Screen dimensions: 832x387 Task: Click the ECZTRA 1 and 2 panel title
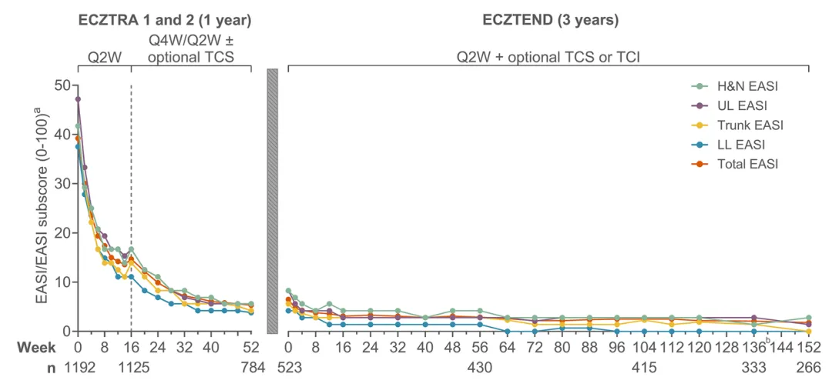point(164,22)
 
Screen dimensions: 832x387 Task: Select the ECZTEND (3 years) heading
point(550,22)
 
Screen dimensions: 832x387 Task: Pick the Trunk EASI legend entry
point(736,125)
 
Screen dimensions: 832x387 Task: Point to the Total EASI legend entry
point(733,165)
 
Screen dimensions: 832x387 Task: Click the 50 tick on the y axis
point(64,85)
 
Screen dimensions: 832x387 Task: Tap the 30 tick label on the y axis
point(64,183)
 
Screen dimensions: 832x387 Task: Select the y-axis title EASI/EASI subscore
point(43,207)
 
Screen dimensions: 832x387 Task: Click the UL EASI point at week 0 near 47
point(78,98)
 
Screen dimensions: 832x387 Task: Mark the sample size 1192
point(78,367)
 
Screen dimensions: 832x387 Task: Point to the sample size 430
point(480,367)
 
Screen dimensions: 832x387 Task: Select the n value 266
point(809,367)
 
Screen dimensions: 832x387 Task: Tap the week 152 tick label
point(809,347)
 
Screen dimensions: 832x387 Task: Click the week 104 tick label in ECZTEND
point(644,347)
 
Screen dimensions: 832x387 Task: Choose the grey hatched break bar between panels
point(272,201)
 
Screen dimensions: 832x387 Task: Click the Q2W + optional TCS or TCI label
point(549,57)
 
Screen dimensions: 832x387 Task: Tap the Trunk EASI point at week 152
point(809,332)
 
